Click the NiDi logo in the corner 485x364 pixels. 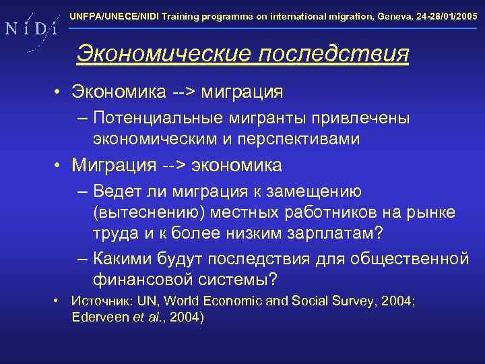[30, 28]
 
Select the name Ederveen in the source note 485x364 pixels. [100, 317]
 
